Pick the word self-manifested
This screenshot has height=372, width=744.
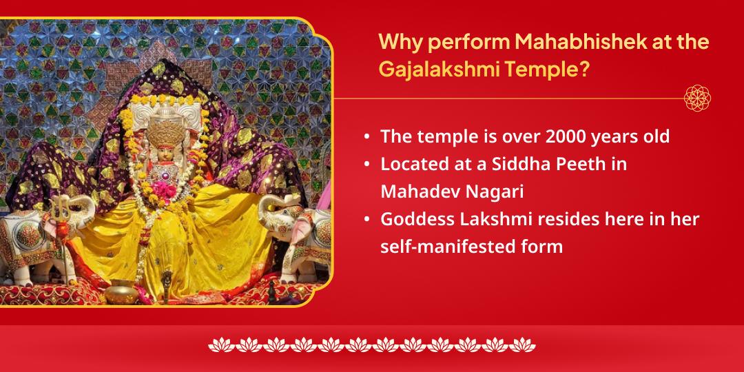click(x=442, y=246)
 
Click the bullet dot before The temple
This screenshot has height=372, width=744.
click(x=367, y=137)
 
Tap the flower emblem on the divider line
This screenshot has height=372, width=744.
click(x=697, y=98)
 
